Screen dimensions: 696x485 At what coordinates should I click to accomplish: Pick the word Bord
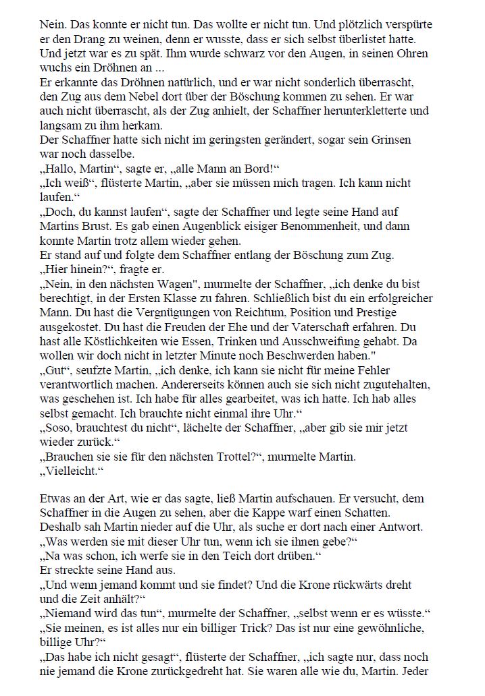[x=256, y=169]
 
